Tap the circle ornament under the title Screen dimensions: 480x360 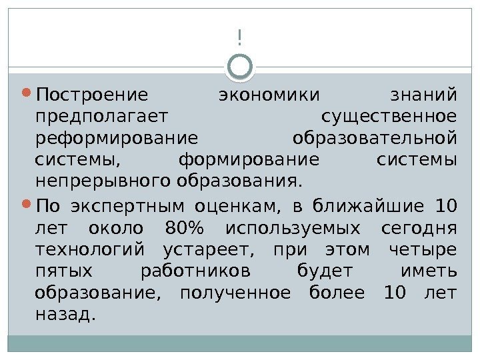(240, 66)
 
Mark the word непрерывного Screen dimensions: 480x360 (103, 180)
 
